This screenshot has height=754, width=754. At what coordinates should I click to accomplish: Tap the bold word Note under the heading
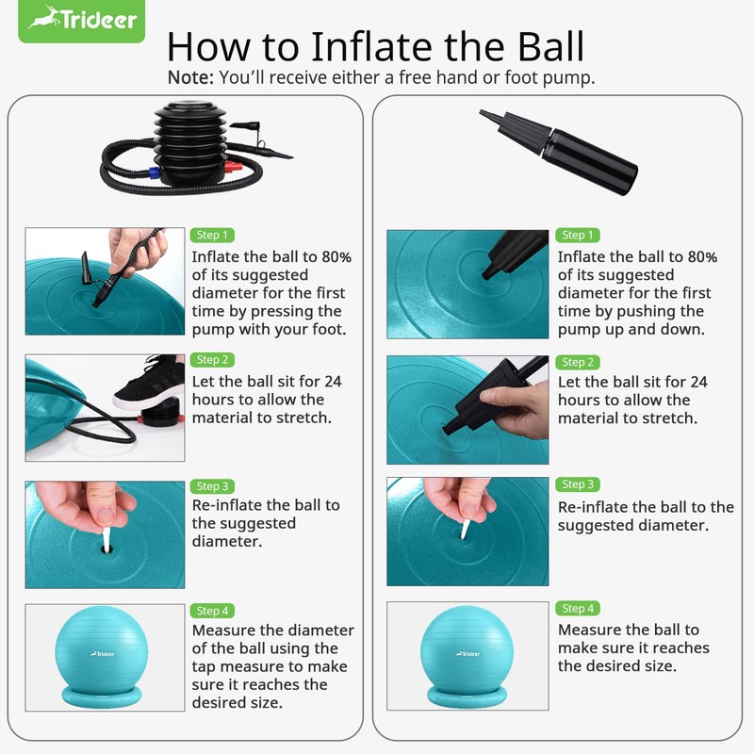point(190,77)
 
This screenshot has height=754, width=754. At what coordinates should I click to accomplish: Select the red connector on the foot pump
point(233,168)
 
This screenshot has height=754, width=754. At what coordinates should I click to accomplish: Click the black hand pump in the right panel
point(559,151)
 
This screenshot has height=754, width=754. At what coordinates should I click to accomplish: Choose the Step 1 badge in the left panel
point(212,235)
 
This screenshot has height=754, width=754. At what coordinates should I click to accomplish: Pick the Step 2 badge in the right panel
point(578,362)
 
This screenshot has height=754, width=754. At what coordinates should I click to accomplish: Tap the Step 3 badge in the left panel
point(212,486)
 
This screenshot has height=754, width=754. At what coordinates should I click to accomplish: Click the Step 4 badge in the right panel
point(578,608)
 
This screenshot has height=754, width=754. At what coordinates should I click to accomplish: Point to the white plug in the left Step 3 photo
point(107,538)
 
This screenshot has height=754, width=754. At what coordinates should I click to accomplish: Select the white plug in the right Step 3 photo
point(465,529)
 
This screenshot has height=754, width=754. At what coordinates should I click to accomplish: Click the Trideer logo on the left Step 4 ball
point(103,653)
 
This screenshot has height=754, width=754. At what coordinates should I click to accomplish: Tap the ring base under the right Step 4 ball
point(467,697)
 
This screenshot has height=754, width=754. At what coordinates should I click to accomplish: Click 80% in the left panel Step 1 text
point(336,256)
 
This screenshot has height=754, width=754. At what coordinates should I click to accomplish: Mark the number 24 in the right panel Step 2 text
point(698,382)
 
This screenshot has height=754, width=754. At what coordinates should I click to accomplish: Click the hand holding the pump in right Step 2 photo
point(516,408)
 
